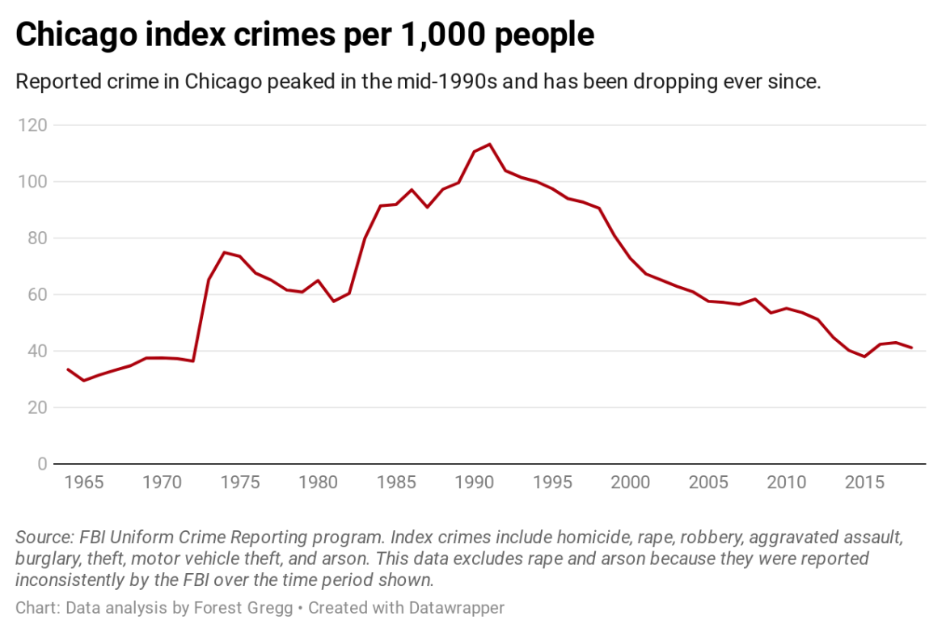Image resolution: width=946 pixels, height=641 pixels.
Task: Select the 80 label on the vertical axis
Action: [x=36, y=238]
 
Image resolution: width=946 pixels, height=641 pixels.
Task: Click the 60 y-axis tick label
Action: [x=36, y=295]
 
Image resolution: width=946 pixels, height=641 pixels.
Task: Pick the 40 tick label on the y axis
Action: [x=36, y=352]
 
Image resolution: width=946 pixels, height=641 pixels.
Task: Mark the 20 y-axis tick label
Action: [x=36, y=408]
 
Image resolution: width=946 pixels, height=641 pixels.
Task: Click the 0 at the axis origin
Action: [x=41, y=464]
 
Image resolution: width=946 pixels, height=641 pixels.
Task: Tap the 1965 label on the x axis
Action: [x=83, y=483]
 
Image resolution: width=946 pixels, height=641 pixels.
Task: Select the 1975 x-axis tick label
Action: [x=239, y=483]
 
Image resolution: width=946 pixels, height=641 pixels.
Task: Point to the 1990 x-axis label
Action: [x=474, y=483]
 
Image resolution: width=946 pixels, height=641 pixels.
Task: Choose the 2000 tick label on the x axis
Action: [x=630, y=483]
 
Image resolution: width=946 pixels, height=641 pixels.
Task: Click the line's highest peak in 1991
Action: [x=489, y=144]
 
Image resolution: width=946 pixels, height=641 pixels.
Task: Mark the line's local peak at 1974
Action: [x=224, y=252]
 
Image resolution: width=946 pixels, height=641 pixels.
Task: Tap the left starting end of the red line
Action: [x=68, y=369]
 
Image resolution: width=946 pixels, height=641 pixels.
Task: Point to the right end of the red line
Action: [x=911, y=348]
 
